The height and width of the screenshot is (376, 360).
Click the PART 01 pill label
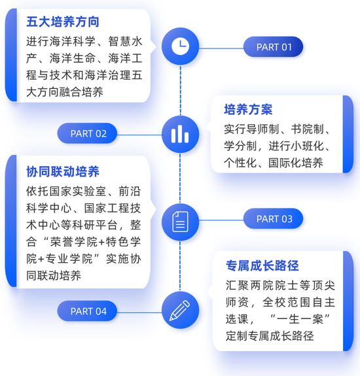(273, 47)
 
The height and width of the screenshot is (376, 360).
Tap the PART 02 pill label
(87, 133)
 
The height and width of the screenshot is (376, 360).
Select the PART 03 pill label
(273, 218)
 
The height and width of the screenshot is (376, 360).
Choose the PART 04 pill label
(87, 311)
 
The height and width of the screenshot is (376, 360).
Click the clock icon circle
(181, 46)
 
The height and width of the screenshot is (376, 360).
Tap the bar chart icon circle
(181, 134)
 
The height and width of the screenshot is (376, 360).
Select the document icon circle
(181, 222)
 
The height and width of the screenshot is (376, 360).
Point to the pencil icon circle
(181, 310)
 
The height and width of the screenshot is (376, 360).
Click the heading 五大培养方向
(63, 22)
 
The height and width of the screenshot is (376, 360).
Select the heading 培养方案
(248, 109)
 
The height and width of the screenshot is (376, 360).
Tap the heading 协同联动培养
(63, 171)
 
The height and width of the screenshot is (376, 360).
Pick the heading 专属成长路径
(262, 265)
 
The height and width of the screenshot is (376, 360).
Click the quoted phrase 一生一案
(300, 319)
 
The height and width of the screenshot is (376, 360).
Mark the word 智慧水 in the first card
(125, 41)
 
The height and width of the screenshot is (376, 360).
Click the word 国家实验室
(78, 191)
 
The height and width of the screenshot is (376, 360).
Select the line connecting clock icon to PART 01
(221, 48)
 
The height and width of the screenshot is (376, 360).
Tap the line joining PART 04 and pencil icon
(139, 312)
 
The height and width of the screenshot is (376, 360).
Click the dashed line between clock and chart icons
(181, 90)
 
